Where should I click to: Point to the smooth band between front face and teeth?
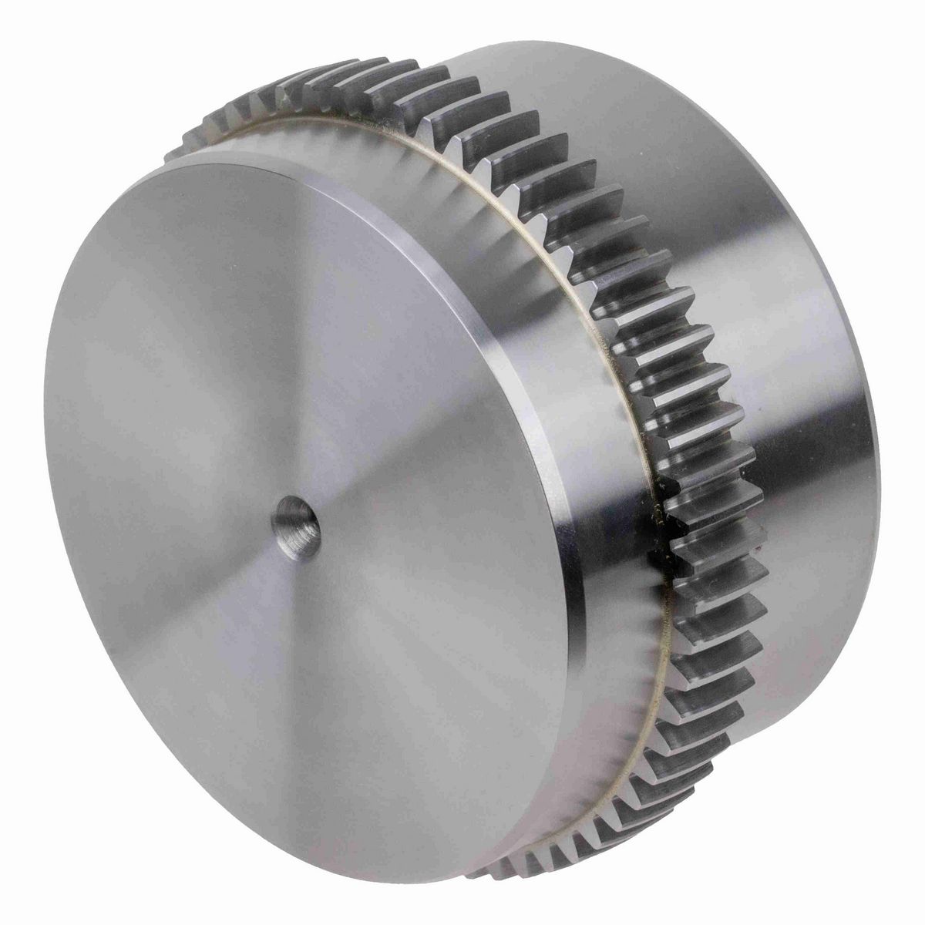[x=594, y=462]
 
